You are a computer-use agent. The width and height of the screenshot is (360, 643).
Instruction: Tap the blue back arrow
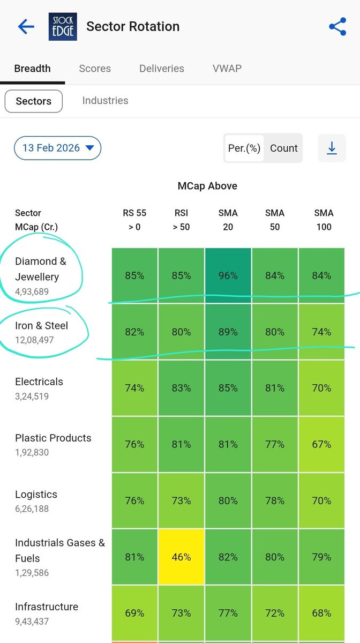click(x=26, y=26)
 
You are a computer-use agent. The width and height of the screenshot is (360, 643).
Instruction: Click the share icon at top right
click(x=337, y=26)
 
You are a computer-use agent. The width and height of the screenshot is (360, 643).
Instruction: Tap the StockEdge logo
click(x=63, y=27)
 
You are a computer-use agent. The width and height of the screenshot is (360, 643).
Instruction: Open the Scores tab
click(x=95, y=69)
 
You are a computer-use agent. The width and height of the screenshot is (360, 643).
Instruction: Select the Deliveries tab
click(x=162, y=69)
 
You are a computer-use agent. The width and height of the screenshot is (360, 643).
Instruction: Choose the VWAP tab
click(x=227, y=69)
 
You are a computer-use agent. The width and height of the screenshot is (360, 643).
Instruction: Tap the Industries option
click(x=105, y=101)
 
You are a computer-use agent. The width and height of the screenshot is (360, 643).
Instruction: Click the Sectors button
click(x=34, y=101)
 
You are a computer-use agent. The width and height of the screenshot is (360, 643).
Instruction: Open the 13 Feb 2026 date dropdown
click(x=57, y=148)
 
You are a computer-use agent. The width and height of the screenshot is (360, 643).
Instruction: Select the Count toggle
click(x=283, y=148)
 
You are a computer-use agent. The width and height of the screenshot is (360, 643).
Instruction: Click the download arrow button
click(x=332, y=148)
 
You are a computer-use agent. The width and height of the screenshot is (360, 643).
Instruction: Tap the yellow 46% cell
click(x=181, y=557)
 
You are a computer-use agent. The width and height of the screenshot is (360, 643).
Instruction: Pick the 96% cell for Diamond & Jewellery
click(x=228, y=276)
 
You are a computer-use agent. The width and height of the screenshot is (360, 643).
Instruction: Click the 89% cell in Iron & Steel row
click(x=228, y=332)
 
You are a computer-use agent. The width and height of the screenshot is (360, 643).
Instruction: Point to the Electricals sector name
click(x=39, y=382)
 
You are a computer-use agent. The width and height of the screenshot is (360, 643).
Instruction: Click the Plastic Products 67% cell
click(x=321, y=445)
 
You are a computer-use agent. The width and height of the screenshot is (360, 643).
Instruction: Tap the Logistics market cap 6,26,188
click(x=32, y=509)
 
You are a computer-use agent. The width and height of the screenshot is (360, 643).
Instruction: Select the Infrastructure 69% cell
click(x=134, y=613)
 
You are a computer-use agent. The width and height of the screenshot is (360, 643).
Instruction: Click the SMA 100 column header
click(x=324, y=220)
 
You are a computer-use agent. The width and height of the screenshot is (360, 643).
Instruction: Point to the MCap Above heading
click(x=207, y=186)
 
